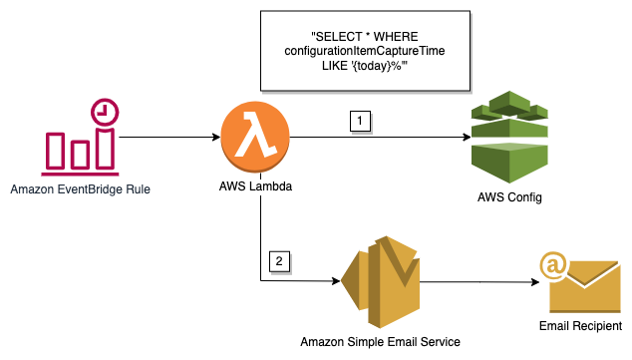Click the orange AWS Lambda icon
point(260,137)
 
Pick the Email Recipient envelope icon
point(581,281)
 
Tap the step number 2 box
point(279,262)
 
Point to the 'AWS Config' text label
point(509,196)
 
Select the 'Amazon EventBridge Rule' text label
point(76,188)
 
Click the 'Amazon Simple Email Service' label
point(380,342)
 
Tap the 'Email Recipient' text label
point(580,326)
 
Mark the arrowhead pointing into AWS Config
point(461,137)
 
